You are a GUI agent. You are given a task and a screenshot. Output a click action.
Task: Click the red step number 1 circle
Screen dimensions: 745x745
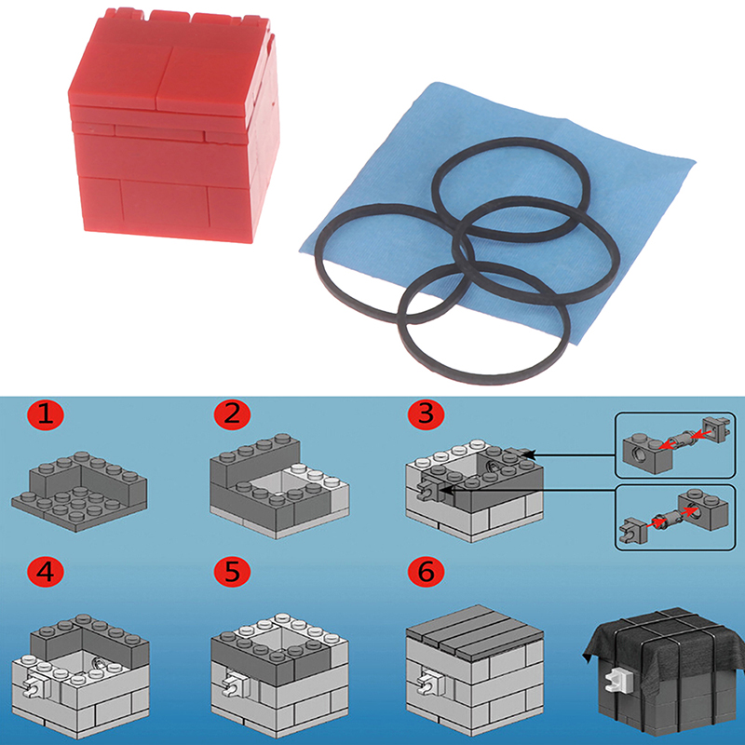pyautogui.click(x=46, y=414)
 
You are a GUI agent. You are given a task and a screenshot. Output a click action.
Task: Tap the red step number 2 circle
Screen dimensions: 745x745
pyautogui.click(x=232, y=414)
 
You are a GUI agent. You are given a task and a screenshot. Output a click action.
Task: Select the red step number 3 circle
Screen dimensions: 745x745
pyautogui.click(x=427, y=414)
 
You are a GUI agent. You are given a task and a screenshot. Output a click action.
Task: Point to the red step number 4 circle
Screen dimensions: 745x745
pyautogui.click(x=46, y=571)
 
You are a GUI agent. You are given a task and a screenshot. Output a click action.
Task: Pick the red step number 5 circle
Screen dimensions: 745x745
pyautogui.click(x=232, y=571)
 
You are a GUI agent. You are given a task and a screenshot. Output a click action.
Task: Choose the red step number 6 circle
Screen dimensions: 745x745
pyautogui.click(x=427, y=571)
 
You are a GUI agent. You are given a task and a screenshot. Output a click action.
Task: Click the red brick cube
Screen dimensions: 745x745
pyautogui.click(x=173, y=125)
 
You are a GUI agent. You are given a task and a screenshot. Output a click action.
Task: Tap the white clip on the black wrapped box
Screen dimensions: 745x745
pyautogui.click(x=616, y=679)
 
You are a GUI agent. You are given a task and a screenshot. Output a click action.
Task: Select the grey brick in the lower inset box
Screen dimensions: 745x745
pyautogui.click(x=703, y=509)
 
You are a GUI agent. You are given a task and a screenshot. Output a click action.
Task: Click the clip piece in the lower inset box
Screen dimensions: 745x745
pyautogui.click(x=632, y=528)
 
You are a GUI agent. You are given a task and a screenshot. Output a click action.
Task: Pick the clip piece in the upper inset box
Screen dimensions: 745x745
pyautogui.click(x=716, y=429)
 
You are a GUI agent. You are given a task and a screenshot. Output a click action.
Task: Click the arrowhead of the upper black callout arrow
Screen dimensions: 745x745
pyautogui.click(x=528, y=454)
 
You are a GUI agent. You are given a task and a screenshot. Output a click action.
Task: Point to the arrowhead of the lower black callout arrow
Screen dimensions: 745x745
pyautogui.click(x=447, y=490)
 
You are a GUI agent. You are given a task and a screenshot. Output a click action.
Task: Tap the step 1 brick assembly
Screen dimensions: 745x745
pyautogui.click(x=79, y=492)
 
